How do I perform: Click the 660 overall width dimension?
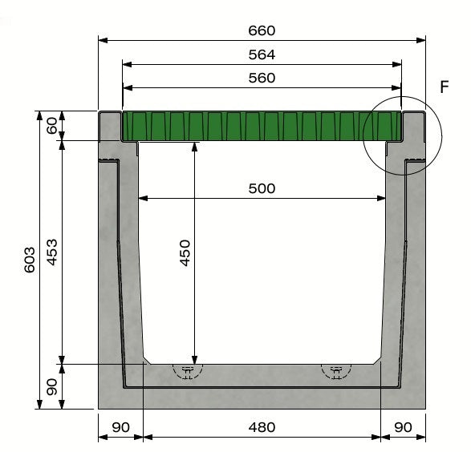262,30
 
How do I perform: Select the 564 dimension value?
262,54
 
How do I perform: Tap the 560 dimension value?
262,78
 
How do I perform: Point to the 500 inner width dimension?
262,188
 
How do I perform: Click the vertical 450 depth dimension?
185,253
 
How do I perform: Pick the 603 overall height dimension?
29,260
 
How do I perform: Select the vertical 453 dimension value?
51,253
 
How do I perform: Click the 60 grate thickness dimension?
51,127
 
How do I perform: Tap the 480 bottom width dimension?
262,427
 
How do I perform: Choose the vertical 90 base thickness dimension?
51,386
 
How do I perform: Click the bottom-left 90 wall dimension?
120,427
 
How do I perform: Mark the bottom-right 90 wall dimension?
403,427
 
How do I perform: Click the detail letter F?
445,87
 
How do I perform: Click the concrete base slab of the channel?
262,397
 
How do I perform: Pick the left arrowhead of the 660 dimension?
102,38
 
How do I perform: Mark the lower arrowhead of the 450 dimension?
193,359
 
